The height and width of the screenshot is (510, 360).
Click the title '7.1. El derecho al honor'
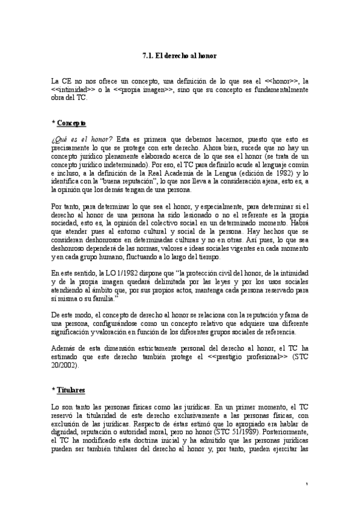tap(180, 56)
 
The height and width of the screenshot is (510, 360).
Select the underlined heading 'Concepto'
tap(72, 123)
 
